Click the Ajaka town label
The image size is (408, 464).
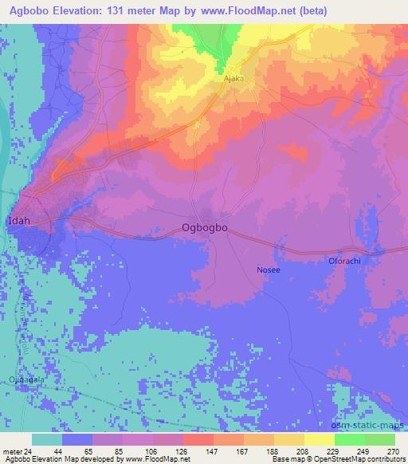click(x=233, y=81)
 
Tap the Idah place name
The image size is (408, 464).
click(x=20, y=219)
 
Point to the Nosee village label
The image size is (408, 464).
click(x=268, y=270)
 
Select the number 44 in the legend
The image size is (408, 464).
click(x=57, y=450)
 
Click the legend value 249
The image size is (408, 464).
click(x=363, y=450)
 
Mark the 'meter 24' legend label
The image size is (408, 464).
click(x=18, y=450)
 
